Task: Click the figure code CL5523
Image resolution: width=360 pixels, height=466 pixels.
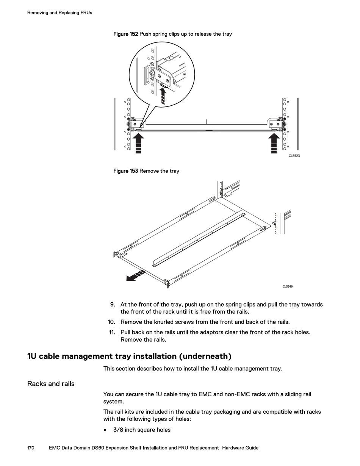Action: (294, 156)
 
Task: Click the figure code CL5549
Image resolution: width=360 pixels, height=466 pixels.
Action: (288, 286)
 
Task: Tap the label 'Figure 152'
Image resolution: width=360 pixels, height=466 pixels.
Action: (126, 34)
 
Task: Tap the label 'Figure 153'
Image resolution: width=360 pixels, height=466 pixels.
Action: (126, 171)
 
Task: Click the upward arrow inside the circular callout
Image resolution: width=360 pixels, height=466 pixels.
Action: (163, 95)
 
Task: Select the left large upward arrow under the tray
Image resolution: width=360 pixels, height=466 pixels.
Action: (138, 142)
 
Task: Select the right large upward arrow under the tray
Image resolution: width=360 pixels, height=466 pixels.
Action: (274, 142)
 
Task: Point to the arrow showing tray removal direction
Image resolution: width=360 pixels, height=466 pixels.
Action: (136, 276)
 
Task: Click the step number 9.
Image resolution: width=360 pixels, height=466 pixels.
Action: (113, 305)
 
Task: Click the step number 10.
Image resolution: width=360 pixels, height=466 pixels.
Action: (111, 322)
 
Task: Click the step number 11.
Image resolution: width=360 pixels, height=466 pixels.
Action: (112, 332)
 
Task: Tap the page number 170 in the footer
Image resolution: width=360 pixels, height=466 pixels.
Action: (31, 448)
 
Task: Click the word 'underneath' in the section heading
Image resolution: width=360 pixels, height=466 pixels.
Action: (205, 357)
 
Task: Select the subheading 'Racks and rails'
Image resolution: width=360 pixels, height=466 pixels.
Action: (51, 384)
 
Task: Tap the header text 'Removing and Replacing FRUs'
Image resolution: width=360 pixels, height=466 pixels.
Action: (59, 13)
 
